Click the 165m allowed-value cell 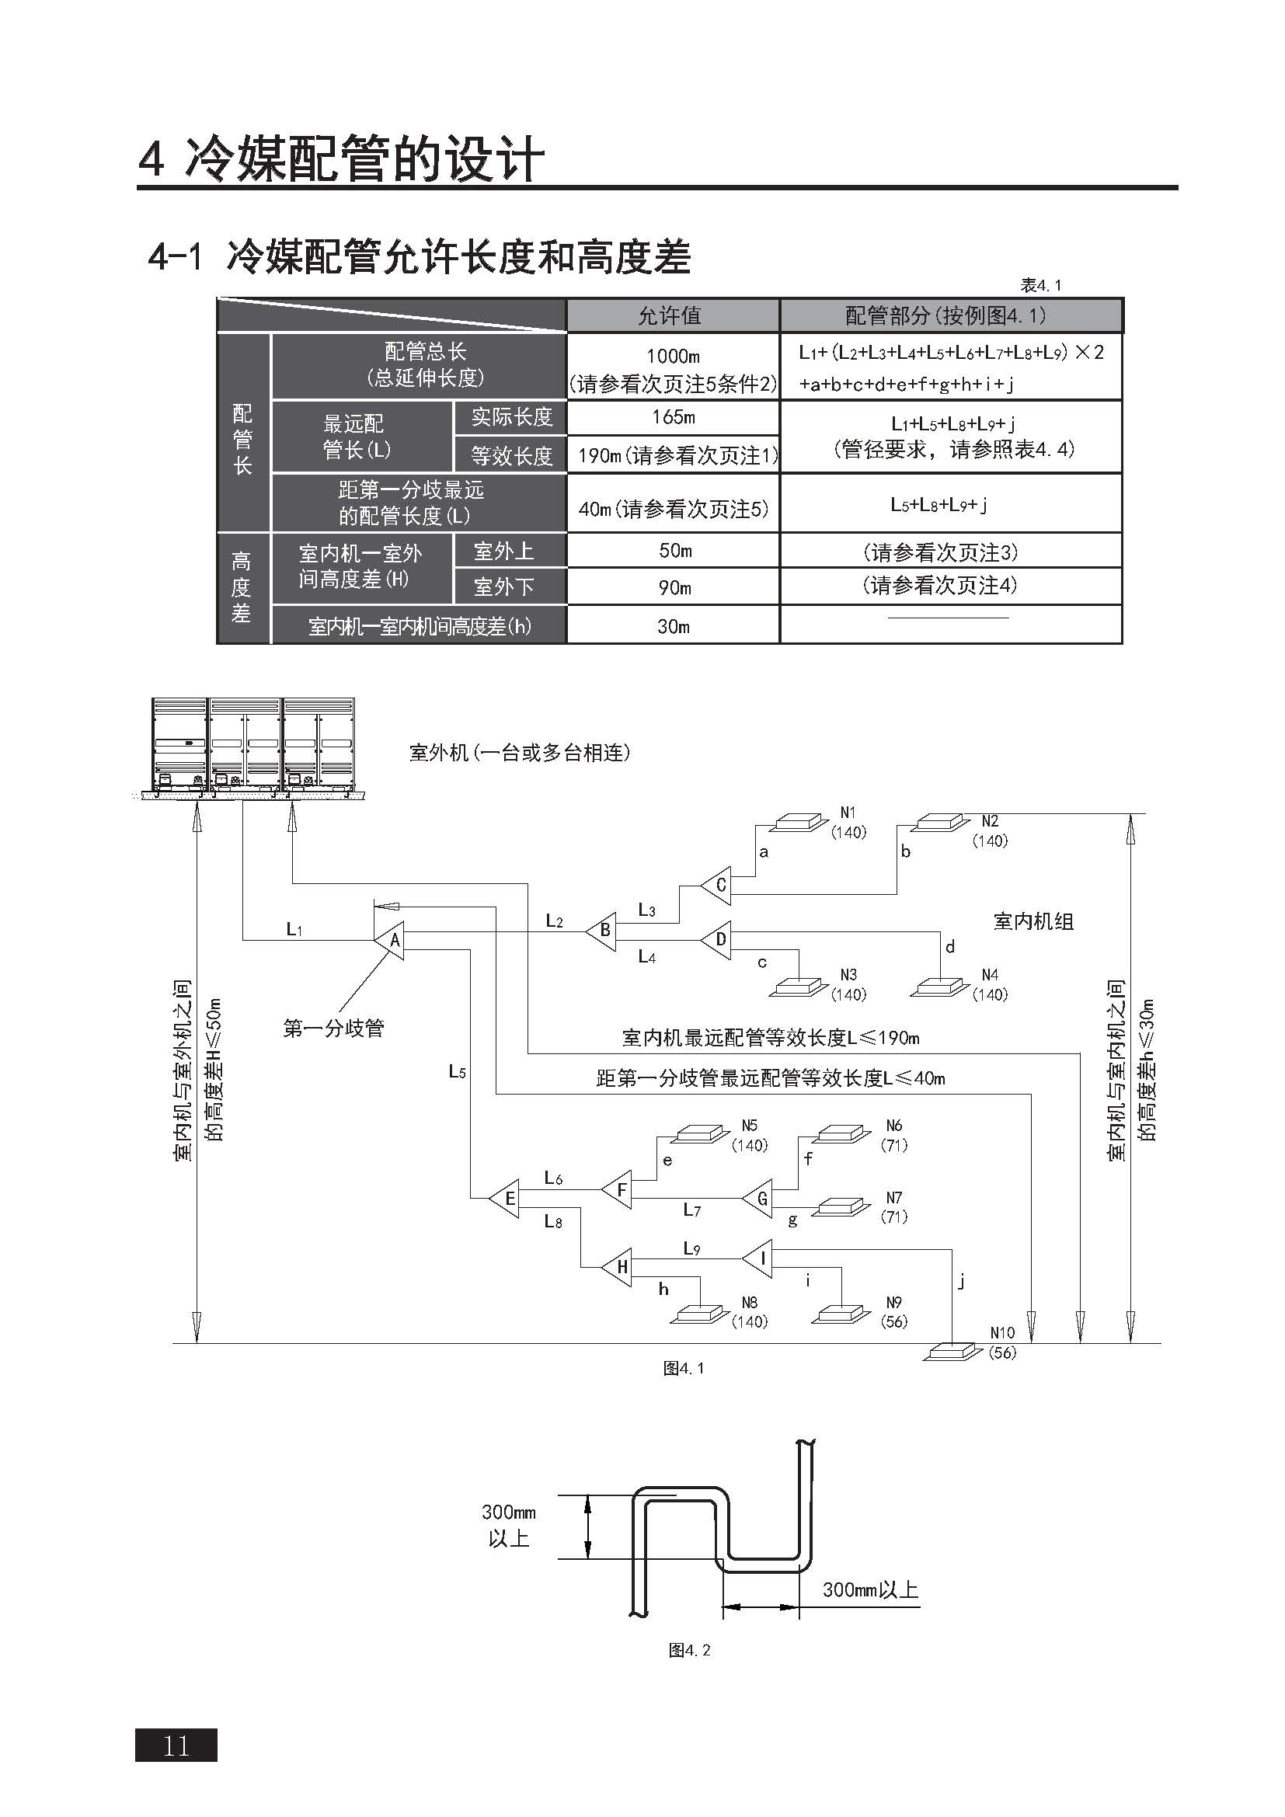tap(674, 417)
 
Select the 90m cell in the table tap(674, 587)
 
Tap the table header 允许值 tap(670, 315)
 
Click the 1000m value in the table tap(674, 356)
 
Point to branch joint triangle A tap(389, 940)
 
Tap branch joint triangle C tap(716, 885)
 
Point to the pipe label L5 tap(457, 1071)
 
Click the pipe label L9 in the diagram tap(691, 1248)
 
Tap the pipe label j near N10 tap(961, 1279)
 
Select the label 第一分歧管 tap(333, 1028)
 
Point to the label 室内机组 tap(1033, 921)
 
